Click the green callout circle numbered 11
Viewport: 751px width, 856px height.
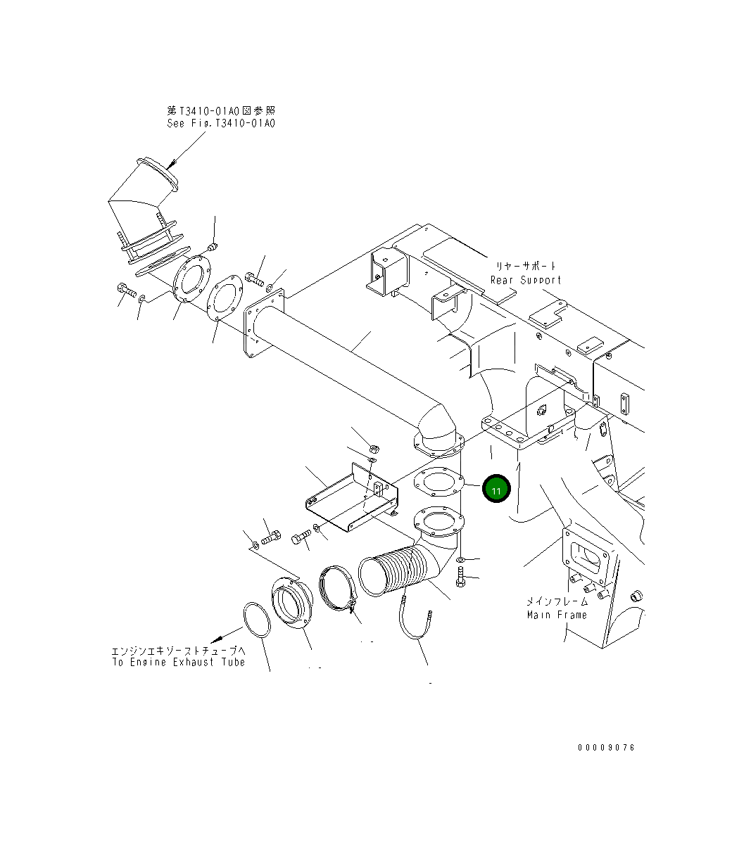pos(496,489)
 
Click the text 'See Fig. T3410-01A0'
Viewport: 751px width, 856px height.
pos(221,123)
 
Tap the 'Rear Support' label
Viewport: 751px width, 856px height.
pos(526,280)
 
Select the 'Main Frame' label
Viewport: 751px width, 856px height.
pos(557,615)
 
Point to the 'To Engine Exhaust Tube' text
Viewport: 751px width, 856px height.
pos(179,662)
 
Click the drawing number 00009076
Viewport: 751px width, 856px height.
pos(606,748)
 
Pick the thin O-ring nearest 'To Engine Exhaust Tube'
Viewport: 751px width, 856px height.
pos(257,620)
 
